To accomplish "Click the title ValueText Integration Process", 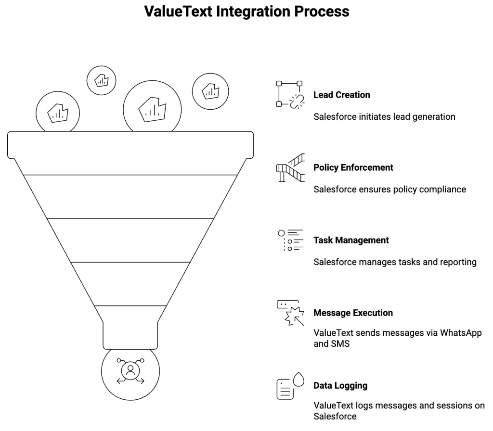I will [246, 12].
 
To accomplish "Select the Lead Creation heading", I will [342, 95].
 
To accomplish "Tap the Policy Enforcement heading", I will [353, 167].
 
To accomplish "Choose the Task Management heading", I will [351, 240].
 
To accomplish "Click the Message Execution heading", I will [353, 313].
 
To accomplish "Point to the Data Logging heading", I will [340, 385].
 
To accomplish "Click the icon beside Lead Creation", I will [289, 94].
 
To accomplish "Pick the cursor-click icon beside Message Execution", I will [290, 313].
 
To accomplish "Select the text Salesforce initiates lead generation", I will [384, 116].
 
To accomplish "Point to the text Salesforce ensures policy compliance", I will [389, 189].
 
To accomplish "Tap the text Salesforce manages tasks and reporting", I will [395, 262].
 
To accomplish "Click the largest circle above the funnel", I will [152, 106].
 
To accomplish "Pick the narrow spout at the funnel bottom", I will [130, 335].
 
